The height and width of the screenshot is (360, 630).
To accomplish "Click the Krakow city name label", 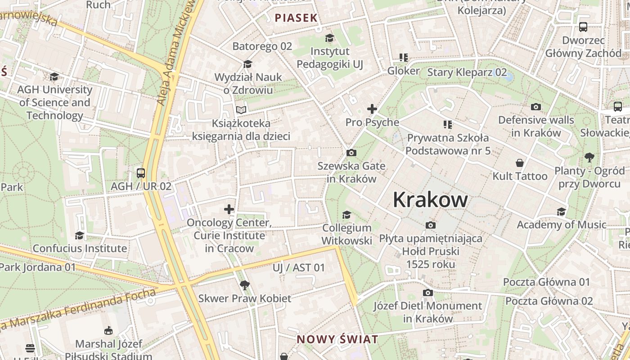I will point(430,199).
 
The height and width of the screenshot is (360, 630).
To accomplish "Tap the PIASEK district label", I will point(296,18).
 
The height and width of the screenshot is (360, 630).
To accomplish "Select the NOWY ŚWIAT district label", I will point(337,339).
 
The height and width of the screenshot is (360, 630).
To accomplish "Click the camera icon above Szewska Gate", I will point(351,153).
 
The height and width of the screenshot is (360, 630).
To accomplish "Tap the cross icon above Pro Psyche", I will point(372,109).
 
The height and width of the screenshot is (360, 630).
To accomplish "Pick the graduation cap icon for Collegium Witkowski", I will point(346,215).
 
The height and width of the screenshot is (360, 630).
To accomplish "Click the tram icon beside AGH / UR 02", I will point(141,173).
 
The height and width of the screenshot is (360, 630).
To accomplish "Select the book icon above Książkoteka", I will point(241,110).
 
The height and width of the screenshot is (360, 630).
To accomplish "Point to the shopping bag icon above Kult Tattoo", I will point(520,163).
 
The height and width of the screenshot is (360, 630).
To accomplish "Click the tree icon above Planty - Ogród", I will point(589,157).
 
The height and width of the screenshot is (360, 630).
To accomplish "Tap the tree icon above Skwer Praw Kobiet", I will point(245,285).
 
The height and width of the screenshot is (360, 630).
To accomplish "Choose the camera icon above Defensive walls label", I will point(535,107).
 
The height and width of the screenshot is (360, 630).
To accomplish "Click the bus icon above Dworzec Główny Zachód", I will point(583,27).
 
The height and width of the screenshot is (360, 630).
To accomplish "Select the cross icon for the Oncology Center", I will point(229,209).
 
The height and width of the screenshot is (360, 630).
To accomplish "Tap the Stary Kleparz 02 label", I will point(467,72).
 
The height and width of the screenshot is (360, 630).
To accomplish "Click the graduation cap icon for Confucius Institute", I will point(80,235).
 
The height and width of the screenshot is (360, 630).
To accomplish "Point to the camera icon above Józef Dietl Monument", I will point(427,293).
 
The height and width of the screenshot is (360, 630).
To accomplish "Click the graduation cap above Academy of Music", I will point(561,211).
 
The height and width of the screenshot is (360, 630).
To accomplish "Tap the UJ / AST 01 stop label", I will point(298,268).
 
